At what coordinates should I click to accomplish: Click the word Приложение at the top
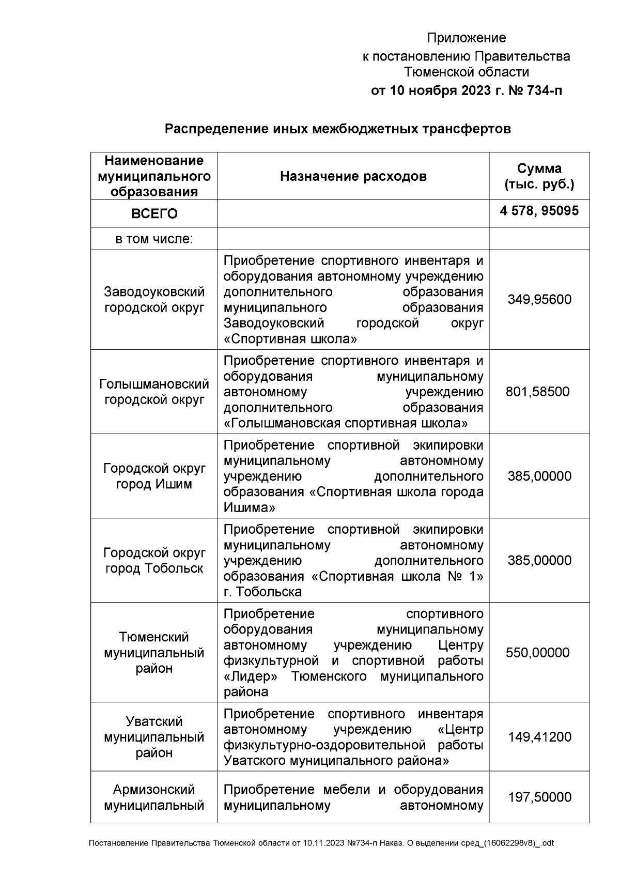(466, 38)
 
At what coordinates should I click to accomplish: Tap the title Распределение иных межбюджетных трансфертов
(337, 129)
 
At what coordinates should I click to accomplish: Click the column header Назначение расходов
(353, 177)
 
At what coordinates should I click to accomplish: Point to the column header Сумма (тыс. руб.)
(539, 176)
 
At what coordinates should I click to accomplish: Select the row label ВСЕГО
(154, 213)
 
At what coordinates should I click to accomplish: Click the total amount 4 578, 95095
(539, 211)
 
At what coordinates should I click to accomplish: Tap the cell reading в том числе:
(154, 239)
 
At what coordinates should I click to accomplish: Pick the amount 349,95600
(539, 300)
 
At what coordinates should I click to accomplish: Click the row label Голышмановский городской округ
(154, 392)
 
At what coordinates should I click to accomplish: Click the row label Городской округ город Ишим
(154, 476)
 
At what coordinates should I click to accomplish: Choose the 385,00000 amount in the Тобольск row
(539, 561)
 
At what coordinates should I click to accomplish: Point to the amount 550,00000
(537, 653)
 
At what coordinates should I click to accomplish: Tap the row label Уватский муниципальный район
(154, 737)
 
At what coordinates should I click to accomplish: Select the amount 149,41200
(539, 737)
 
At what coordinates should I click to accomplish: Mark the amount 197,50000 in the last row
(539, 797)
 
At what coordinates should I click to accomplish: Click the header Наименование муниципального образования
(154, 176)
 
